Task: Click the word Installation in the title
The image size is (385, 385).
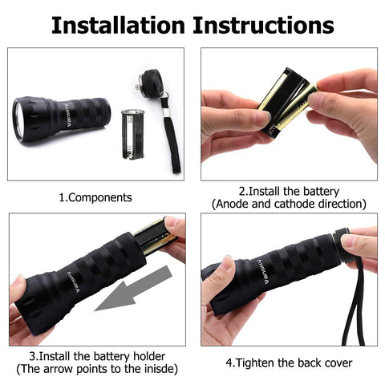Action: [118, 25]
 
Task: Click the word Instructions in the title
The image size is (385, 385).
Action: [263, 25]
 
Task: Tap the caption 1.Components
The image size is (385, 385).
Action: [95, 197]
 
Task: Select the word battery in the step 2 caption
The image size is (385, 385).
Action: [322, 192]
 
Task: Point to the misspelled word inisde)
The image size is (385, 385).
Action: [161, 369]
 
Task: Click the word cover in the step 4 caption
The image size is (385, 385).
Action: [338, 363]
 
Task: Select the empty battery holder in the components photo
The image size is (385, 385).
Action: [132, 134]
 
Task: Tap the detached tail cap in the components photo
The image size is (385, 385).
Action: [148, 83]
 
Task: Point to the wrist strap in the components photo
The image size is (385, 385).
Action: [171, 134]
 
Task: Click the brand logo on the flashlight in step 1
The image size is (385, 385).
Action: [69, 115]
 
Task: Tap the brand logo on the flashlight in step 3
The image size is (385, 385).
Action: [73, 282]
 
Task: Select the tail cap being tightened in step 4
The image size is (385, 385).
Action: [342, 246]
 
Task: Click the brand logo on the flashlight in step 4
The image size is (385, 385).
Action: [263, 272]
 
